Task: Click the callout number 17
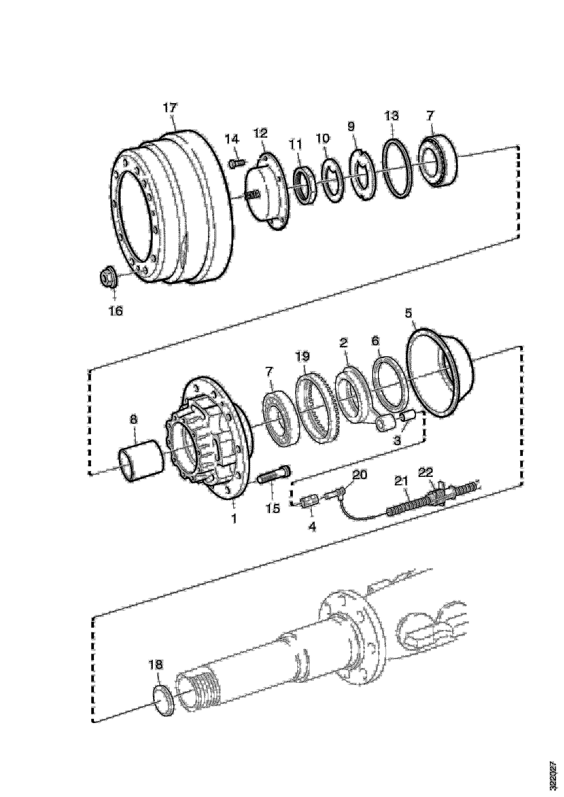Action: pos(170,107)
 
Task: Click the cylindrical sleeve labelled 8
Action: pos(141,460)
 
